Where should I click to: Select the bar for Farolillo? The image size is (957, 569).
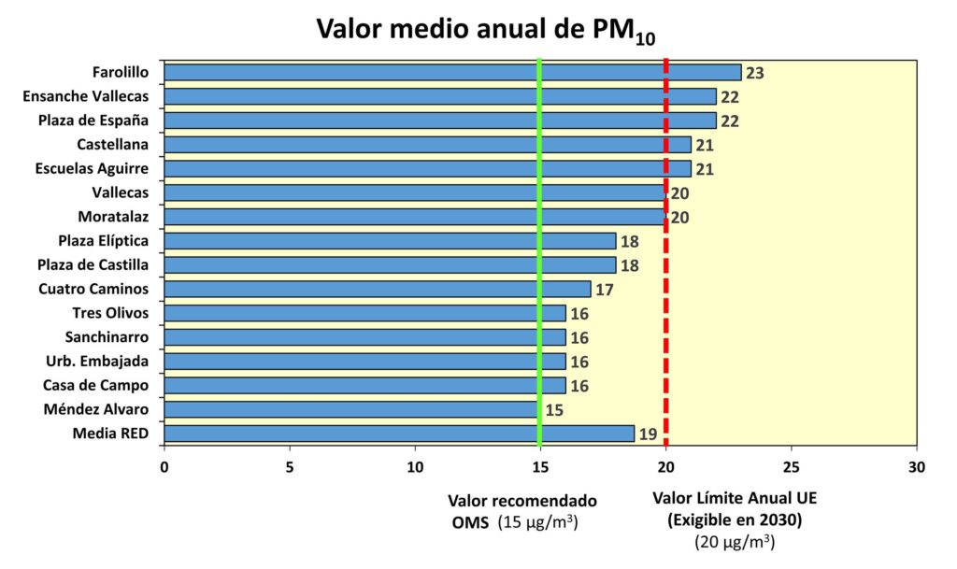[452, 72]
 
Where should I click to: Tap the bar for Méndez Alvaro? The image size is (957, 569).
[351, 409]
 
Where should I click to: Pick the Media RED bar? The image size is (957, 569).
[399, 434]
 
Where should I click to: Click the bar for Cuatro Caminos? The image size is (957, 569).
[378, 289]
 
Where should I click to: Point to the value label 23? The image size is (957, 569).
[755, 73]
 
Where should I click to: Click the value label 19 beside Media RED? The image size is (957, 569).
[648, 434]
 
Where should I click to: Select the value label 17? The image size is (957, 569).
[604, 290]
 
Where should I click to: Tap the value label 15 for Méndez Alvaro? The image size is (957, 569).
[553, 410]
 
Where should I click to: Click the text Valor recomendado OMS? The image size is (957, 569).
[521, 510]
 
